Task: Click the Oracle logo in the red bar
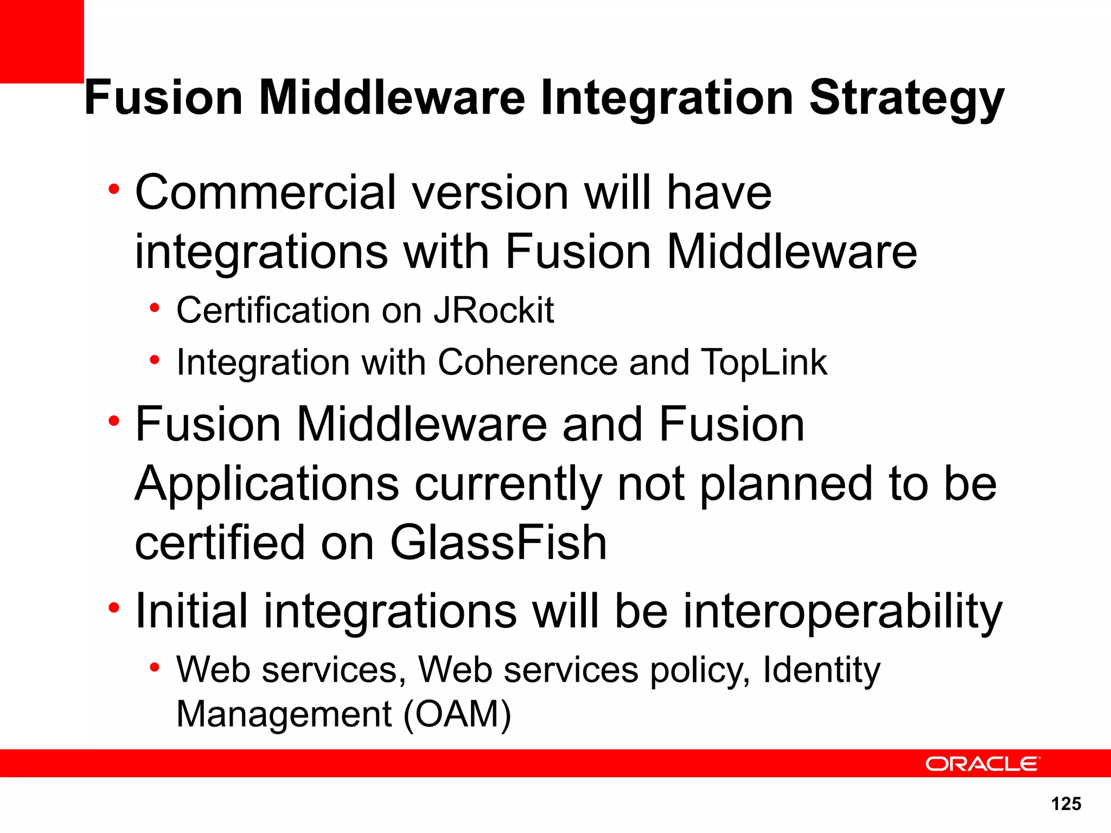pyautogui.click(x=982, y=764)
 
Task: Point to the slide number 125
pyautogui.click(x=1066, y=804)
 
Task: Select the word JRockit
pyautogui.click(x=494, y=310)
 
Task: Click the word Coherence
pyautogui.click(x=527, y=362)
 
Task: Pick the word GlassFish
pyautogui.click(x=498, y=542)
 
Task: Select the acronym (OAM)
pyautogui.click(x=457, y=714)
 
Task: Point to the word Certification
pyautogui.click(x=273, y=311)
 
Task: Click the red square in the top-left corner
pyautogui.click(x=41, y=41)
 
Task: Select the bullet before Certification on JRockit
pyautogui.click(x=155, y=309)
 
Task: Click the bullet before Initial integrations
pyautogui.click(x=113, y=608)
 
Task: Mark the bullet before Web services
pyautogui.click(x=155, y=668)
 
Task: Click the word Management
pyautogui.click(x=284, y=714)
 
